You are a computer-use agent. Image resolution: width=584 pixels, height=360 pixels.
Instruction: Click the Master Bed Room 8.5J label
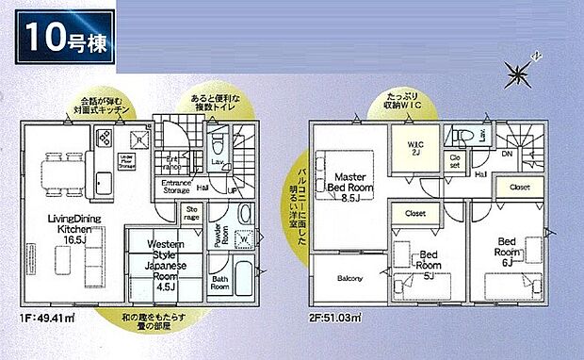tap(349, 183)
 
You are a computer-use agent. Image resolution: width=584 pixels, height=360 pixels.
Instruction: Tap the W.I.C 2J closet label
tap(415, 148)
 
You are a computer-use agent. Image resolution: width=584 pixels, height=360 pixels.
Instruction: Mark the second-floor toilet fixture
tap(463, 135)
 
